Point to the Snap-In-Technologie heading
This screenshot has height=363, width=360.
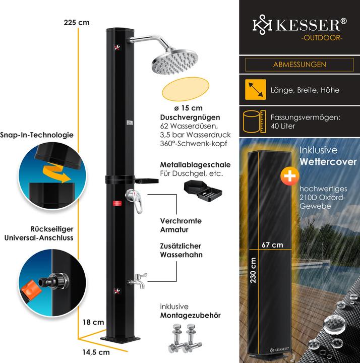[44, 135]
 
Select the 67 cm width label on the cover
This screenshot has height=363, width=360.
[272, 245]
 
